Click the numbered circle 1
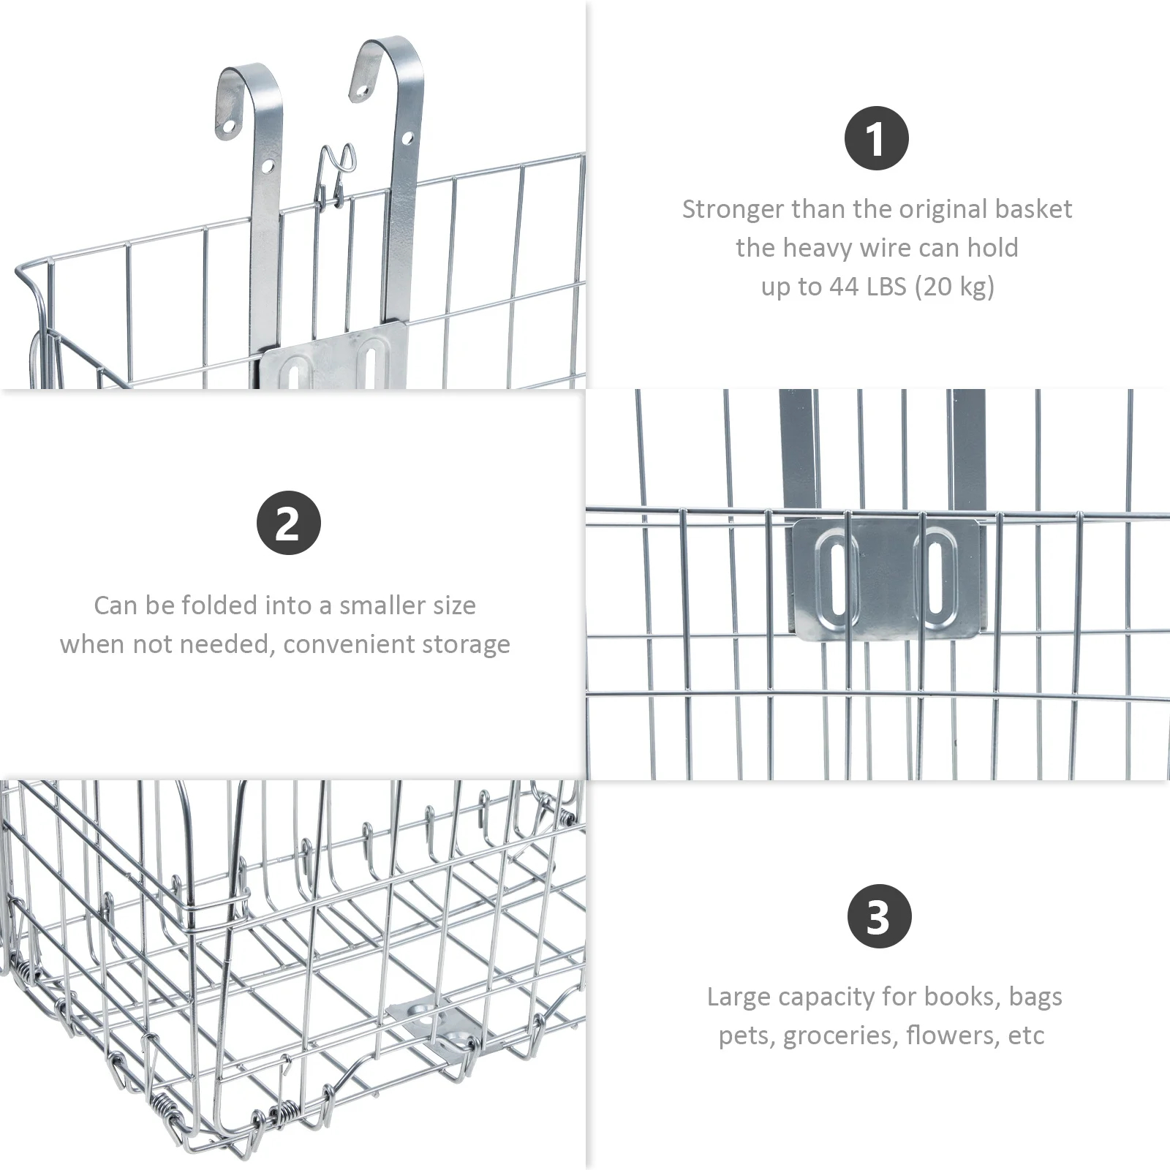tap(876, 138)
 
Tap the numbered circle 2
tap(288, 523)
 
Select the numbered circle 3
tap(879, 916)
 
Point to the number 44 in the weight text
tap(844, 286)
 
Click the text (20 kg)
tap(954, 286)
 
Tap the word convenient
tap(355, 644)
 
